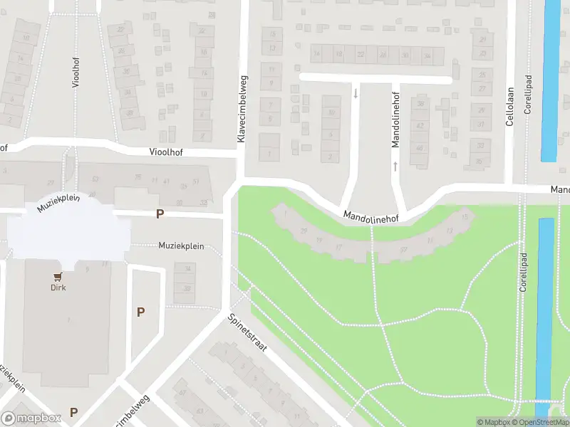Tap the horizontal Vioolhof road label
point(169,152)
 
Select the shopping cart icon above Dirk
point(58,277)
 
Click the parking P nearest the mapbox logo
point(74,412)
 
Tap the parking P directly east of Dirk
point(141,312)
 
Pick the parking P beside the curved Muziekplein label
point(160,213)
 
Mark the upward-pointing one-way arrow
point(395,167)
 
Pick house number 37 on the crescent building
point(403,249)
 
